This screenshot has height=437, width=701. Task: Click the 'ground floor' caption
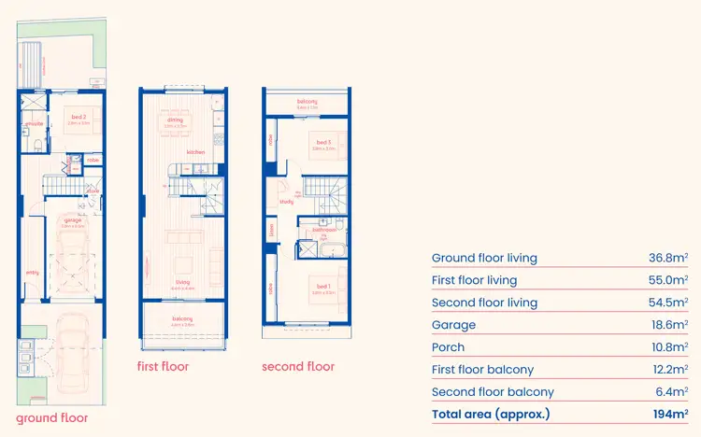(x=52, y=417)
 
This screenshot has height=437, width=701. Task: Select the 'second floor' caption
(x=297, y=366)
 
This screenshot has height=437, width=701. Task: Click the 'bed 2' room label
(x=79, y=118)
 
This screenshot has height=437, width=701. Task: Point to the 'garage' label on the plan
(x=73, y=220)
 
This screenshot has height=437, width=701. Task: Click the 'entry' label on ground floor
(x=33, y=273)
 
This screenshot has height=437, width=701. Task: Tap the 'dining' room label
(x=175, y=120)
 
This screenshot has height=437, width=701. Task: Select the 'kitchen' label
(x=195, y=151)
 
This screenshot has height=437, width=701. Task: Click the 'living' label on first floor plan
(x=183, y=282)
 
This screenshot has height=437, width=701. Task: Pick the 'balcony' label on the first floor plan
(x=182, y=319)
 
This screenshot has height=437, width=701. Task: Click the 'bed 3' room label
(x=322, y=142)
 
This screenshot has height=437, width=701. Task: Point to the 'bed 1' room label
(x=322, y=287)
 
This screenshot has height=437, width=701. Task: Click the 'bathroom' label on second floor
(x=323, y=229)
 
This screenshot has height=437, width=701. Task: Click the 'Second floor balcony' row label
(x=493, y=392)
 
